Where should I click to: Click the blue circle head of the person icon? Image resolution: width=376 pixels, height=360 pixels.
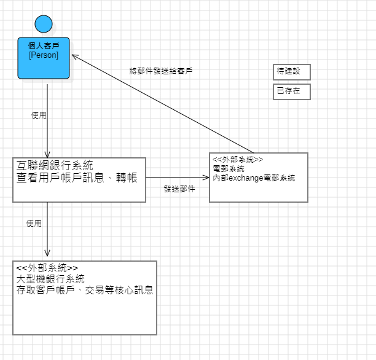click(x=43, y=24)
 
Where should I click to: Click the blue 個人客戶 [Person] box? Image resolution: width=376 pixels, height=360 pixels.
click(x=44, y=58)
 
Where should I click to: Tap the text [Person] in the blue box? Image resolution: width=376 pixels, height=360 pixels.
click(x=44, y=55)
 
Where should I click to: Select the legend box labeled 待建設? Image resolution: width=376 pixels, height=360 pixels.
click(x=292, y=72)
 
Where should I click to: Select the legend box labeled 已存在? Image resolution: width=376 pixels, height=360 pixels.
click(x=292, y=92)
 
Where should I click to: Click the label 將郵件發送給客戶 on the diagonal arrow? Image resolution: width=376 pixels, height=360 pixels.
click(x=161, y=71)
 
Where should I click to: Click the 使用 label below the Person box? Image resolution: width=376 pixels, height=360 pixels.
click(x=39, y=115)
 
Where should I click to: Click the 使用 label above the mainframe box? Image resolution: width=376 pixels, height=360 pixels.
click(x=34, y=224)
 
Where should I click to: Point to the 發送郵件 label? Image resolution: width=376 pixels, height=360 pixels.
click(x=179, y=189)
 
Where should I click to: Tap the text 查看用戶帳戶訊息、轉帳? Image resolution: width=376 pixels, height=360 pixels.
click(x=77, y=178)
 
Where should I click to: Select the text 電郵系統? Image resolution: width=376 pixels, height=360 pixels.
click(x=229, y=168)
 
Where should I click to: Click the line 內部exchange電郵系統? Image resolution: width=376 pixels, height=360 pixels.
click(x=254, y=178)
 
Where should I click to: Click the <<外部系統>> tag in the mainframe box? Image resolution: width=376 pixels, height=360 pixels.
click(x=47, y=268)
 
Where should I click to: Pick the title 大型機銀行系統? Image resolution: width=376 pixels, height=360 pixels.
click(x=52, y=279)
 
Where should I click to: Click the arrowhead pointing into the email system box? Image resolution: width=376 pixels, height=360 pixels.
click(x=206, y=178)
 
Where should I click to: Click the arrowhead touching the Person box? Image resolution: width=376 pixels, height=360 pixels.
click(x=75, y=56)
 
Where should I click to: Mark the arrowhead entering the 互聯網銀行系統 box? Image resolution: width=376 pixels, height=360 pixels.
click(x=47, y=154)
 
